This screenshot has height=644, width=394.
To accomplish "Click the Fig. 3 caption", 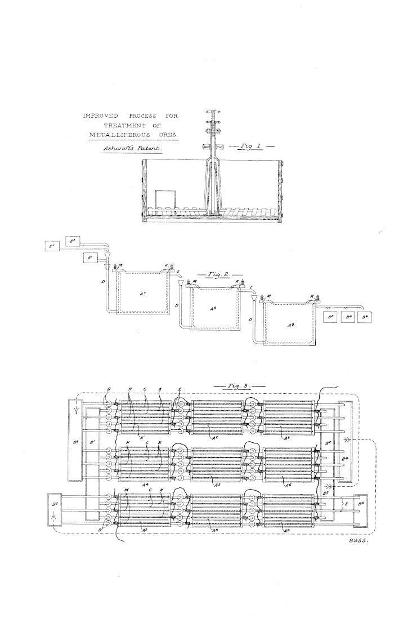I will (232, 387).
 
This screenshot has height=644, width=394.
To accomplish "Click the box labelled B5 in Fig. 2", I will (52, 246).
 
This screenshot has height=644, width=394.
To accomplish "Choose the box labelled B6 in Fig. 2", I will (366, 318).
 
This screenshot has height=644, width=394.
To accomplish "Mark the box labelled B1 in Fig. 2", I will (91, 258).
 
